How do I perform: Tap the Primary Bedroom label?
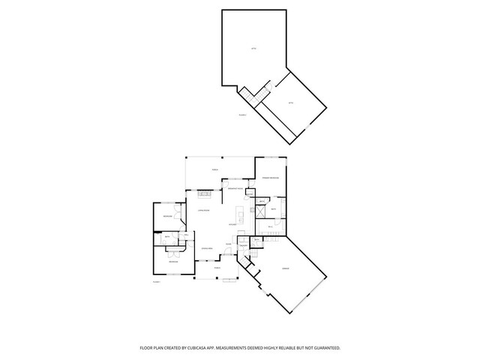pyautogui.click(x=270, y=178)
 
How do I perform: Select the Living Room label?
pyautogui.click(x=202, y=211)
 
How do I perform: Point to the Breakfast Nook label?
pyautogui.click(x=233, y=189)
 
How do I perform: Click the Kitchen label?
pyautogui.click(x=234, y=224)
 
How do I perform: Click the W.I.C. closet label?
pyautogui.click(x=269, y=226)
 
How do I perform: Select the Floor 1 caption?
pyautogui.click(x=157, y=281)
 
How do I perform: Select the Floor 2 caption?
pyautogui.click(x=242, y=115)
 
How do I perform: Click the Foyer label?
pyautogui.click(x=227, y=244)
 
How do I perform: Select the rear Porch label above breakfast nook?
pyautogui.click(x=215, y=170)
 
